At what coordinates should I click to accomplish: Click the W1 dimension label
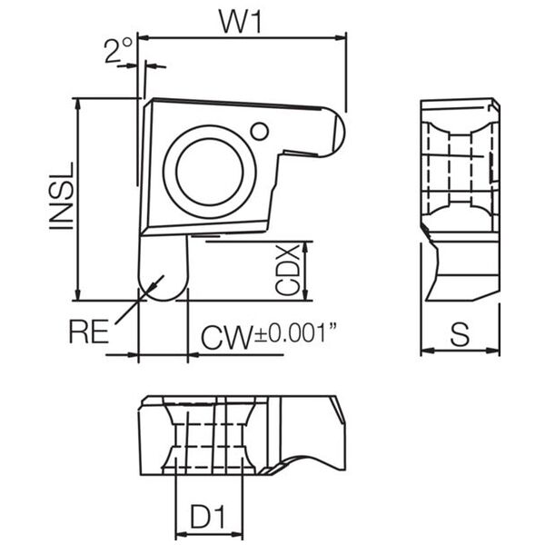tap(240, 22)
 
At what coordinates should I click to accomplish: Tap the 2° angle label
tap(118, 50)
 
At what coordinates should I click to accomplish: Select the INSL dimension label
tap(62, 195)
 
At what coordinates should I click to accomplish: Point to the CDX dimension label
tap(287, 270)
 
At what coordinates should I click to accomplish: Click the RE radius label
tap(89, 332)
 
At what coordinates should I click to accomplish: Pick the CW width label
tap(226, 337)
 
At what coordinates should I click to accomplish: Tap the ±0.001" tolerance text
tap(296, 332)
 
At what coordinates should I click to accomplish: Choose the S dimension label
tap(460, 334)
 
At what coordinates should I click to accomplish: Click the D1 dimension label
tap(208, 517)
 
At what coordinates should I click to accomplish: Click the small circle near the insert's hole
tap(259, 132)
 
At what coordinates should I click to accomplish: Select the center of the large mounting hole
tap(210, 172)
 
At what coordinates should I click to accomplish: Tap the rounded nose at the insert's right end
tap(334, 133)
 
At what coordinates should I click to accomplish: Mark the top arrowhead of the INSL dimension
tap(78, 104)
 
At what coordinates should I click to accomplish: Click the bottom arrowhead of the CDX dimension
tap(305, 294)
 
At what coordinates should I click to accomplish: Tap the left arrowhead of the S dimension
tap(428, 351)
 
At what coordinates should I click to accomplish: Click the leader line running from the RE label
tap(139, 300)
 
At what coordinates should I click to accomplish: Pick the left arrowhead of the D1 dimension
tap(183, 534)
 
